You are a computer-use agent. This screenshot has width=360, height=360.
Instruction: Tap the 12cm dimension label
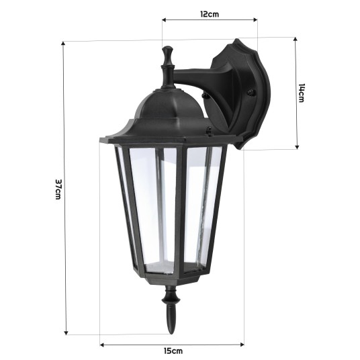point(209,13)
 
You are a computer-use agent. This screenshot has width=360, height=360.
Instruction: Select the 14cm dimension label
point(302,93)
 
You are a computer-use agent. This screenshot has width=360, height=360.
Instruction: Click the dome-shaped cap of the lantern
point(164,107)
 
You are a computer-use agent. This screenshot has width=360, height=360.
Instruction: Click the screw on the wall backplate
point(253,93)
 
